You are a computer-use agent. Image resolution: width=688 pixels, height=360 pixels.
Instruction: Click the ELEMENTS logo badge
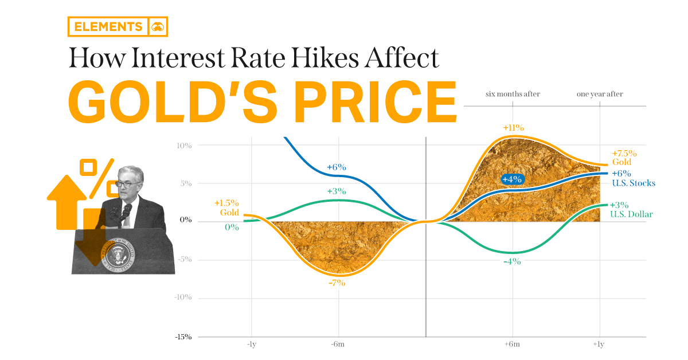pos(118,26)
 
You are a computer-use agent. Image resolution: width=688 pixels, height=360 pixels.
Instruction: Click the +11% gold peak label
pos(513,128)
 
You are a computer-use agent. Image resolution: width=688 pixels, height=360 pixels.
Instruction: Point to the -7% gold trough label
pos(337,283)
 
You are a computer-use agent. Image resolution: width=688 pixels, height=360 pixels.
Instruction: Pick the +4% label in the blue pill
pos(511,179)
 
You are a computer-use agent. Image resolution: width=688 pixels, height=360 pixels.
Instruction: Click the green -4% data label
pos(511,261)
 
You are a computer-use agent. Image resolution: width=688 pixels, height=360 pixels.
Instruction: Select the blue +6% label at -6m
pos(337,167)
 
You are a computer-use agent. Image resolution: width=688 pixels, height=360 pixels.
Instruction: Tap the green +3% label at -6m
pos(337,191)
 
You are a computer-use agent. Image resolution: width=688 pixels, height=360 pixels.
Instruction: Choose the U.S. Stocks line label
pos(633,183)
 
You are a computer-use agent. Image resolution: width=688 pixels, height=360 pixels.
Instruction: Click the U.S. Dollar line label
pos(632,214)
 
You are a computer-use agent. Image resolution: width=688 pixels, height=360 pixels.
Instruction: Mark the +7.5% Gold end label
pos(624,158)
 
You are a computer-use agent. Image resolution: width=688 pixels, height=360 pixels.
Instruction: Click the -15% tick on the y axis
pos(183,337)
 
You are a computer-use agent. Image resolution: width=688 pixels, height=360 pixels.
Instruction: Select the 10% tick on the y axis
pos(185,145)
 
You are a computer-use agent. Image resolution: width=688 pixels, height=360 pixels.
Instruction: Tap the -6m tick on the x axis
pos(338,345)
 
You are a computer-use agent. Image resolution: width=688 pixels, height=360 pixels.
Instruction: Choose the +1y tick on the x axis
pos(599,345)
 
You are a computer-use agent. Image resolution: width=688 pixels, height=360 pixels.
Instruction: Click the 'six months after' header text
pos(512,94)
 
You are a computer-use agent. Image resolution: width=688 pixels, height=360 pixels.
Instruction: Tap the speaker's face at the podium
pos(126,184)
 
